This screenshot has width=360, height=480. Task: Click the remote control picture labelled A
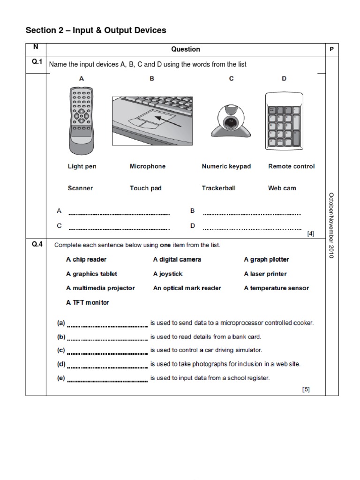[x=82, y=120]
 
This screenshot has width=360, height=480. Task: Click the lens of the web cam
[x=230, y=122]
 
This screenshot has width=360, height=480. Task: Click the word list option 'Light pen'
[x=82, y=166]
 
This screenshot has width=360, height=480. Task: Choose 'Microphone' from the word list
[x=148, y=166]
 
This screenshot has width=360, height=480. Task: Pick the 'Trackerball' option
[x=218, y=188]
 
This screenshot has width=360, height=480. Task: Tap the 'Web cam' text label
[x=282, y=188]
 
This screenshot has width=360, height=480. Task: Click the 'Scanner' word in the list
[x=80, y=188]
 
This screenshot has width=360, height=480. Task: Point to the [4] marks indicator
[x=310, y=233]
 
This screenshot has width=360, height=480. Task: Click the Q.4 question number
[x=36, y=244]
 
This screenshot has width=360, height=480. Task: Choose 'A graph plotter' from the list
[x=266, y=260]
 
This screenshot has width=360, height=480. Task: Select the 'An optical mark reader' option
[x=187, y=288]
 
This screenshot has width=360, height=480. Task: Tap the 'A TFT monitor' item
[x=87, y=302]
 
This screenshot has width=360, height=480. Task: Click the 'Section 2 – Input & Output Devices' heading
[x=96, y=30]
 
